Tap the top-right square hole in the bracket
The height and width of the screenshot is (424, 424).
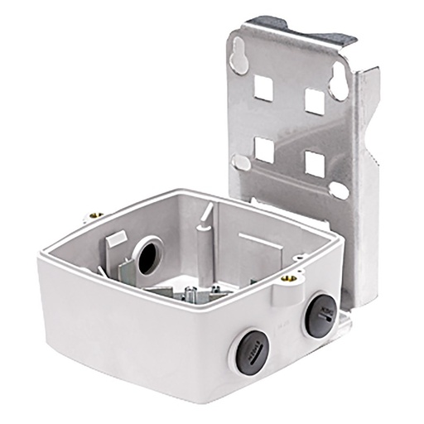click(314, 100)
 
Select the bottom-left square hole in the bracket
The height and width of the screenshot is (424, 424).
click(263, 148)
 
